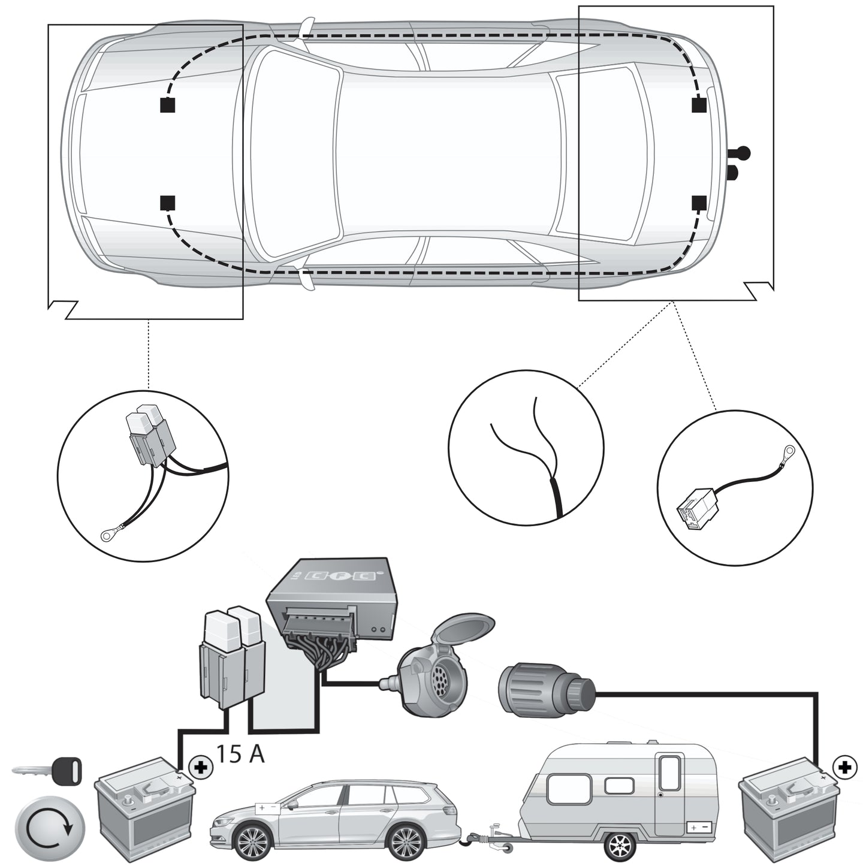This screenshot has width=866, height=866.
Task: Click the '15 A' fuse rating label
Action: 240,753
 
